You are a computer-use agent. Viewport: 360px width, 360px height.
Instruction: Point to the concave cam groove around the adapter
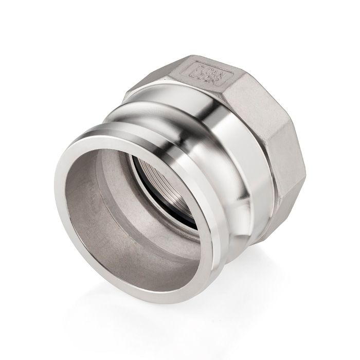[154, 111]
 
